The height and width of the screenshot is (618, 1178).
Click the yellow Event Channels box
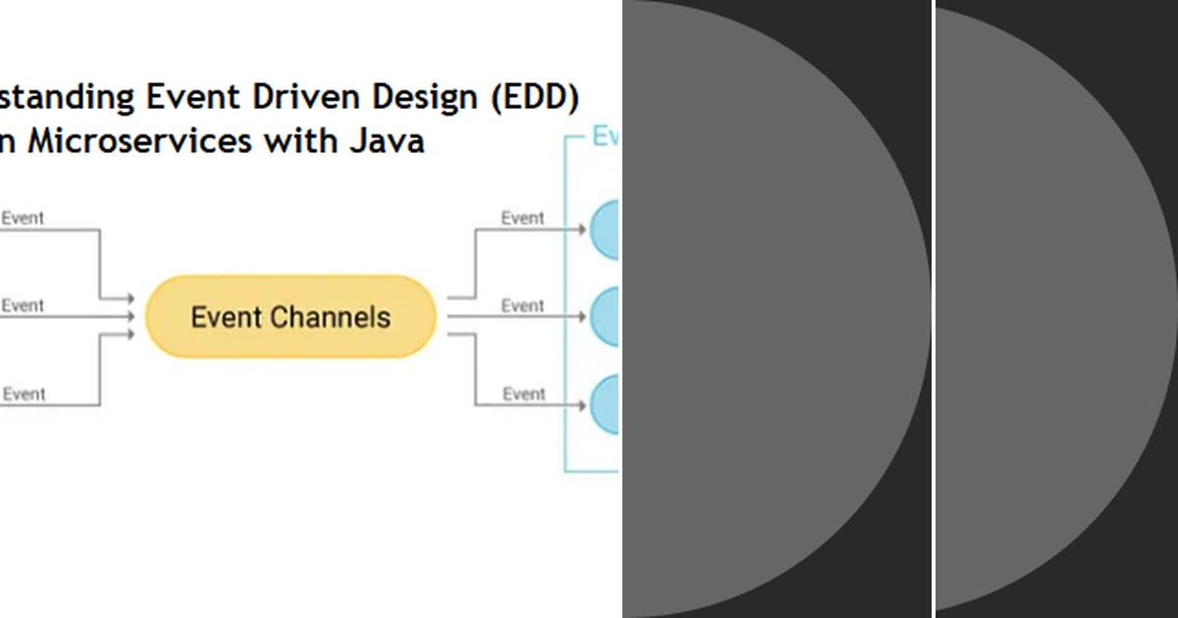[x=291, y=317]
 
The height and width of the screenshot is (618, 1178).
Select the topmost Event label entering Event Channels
[x=23, y=218]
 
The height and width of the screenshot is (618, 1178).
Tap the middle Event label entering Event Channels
[x=23, y=305]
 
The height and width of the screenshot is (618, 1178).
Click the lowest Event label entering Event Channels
[x=23, y=393]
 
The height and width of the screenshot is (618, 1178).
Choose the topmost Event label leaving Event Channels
[x=522, y=218]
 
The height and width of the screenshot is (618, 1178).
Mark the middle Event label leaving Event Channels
[x=522, y=305]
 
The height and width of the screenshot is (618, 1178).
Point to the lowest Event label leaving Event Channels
[x=522, y=393]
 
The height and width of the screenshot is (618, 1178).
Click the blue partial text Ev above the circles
[x=605, y=136]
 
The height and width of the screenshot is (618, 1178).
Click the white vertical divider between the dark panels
[x=934, y=309]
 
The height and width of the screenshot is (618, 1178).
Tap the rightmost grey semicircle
[x=1050, y=309]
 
